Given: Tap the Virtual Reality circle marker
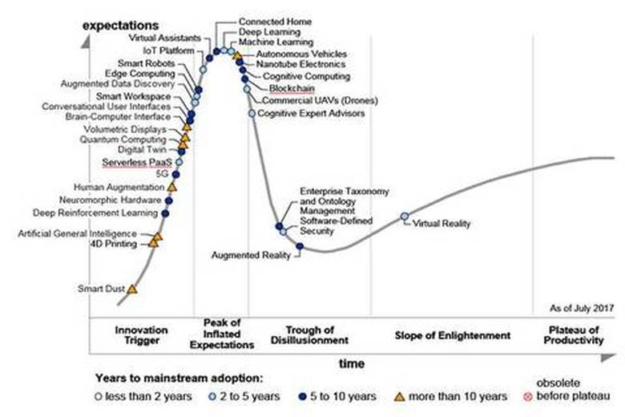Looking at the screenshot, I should tap(405, 216).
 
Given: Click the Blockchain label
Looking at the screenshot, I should tap(292, 88).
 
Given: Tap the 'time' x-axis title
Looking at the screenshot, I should tap(352, 364).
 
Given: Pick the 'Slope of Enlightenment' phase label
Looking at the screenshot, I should tap(453, 335).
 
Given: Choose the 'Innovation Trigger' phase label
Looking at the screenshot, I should tap(142, 335).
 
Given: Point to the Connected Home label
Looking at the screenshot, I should tap(276, 20).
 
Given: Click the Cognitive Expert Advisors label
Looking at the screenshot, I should tap(311, 114).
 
